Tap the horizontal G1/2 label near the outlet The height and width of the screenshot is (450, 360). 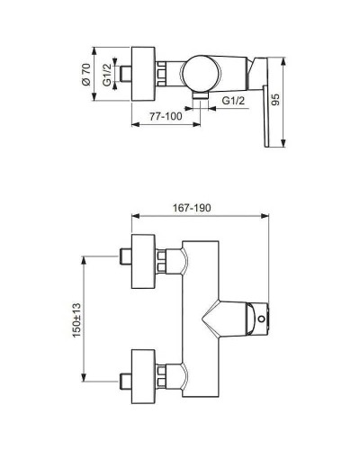(x=234, y=101)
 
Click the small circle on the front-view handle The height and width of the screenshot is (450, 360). (x=261, y=317)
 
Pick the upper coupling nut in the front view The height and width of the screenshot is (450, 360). (x=165, y=259)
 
